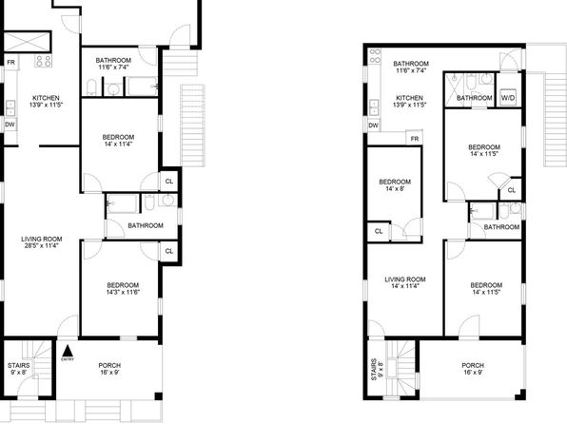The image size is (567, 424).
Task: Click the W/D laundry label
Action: tap(508, 98)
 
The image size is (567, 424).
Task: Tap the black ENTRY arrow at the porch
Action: tap(68, 351)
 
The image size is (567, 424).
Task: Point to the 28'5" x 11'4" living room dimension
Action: tap(42, 246)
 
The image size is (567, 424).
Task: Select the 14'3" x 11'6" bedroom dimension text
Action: tap(123, 292)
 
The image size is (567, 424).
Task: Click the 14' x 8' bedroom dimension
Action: tap(395, 188)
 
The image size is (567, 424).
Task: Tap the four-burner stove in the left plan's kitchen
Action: tap(43, 61)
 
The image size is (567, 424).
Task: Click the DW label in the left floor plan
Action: tap(10, 125)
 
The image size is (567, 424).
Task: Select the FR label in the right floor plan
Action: tap(415, 139)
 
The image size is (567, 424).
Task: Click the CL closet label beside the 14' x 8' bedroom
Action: tap(379, 231)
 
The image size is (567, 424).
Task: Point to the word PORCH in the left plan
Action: tap(109, 365)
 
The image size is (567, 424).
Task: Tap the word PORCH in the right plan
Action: tap(473, 365)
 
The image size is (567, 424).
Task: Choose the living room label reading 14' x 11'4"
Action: tap(405, 286)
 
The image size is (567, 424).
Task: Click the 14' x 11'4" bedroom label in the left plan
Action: tap(118, 144)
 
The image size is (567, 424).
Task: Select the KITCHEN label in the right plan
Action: tap(409, 98)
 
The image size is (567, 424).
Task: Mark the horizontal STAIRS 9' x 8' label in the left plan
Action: tap(19, 369)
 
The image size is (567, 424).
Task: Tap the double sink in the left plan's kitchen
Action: tap(10, 108)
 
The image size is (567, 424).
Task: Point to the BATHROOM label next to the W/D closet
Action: tap(475, 98)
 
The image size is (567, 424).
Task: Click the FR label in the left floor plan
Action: tap(11, 63)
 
